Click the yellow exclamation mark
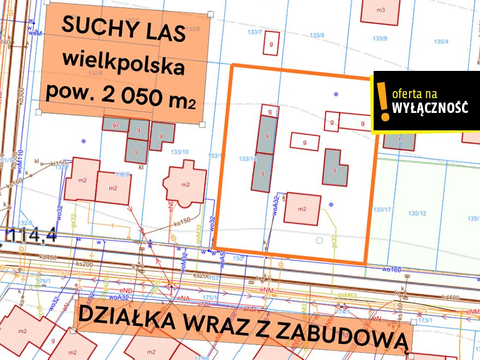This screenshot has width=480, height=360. tap(385, 101)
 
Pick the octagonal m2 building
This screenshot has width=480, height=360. tap(187, 184)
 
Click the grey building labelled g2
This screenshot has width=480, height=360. tap(116, 124)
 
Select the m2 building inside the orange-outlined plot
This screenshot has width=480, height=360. tap(302, 208)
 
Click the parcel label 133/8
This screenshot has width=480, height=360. tap(317, 35)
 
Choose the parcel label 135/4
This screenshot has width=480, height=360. tap(441, 41)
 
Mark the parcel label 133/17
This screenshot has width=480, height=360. tap(382, 209)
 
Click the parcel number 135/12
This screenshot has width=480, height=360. tap(418, 213)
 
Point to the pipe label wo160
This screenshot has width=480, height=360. tap(391, 269)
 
